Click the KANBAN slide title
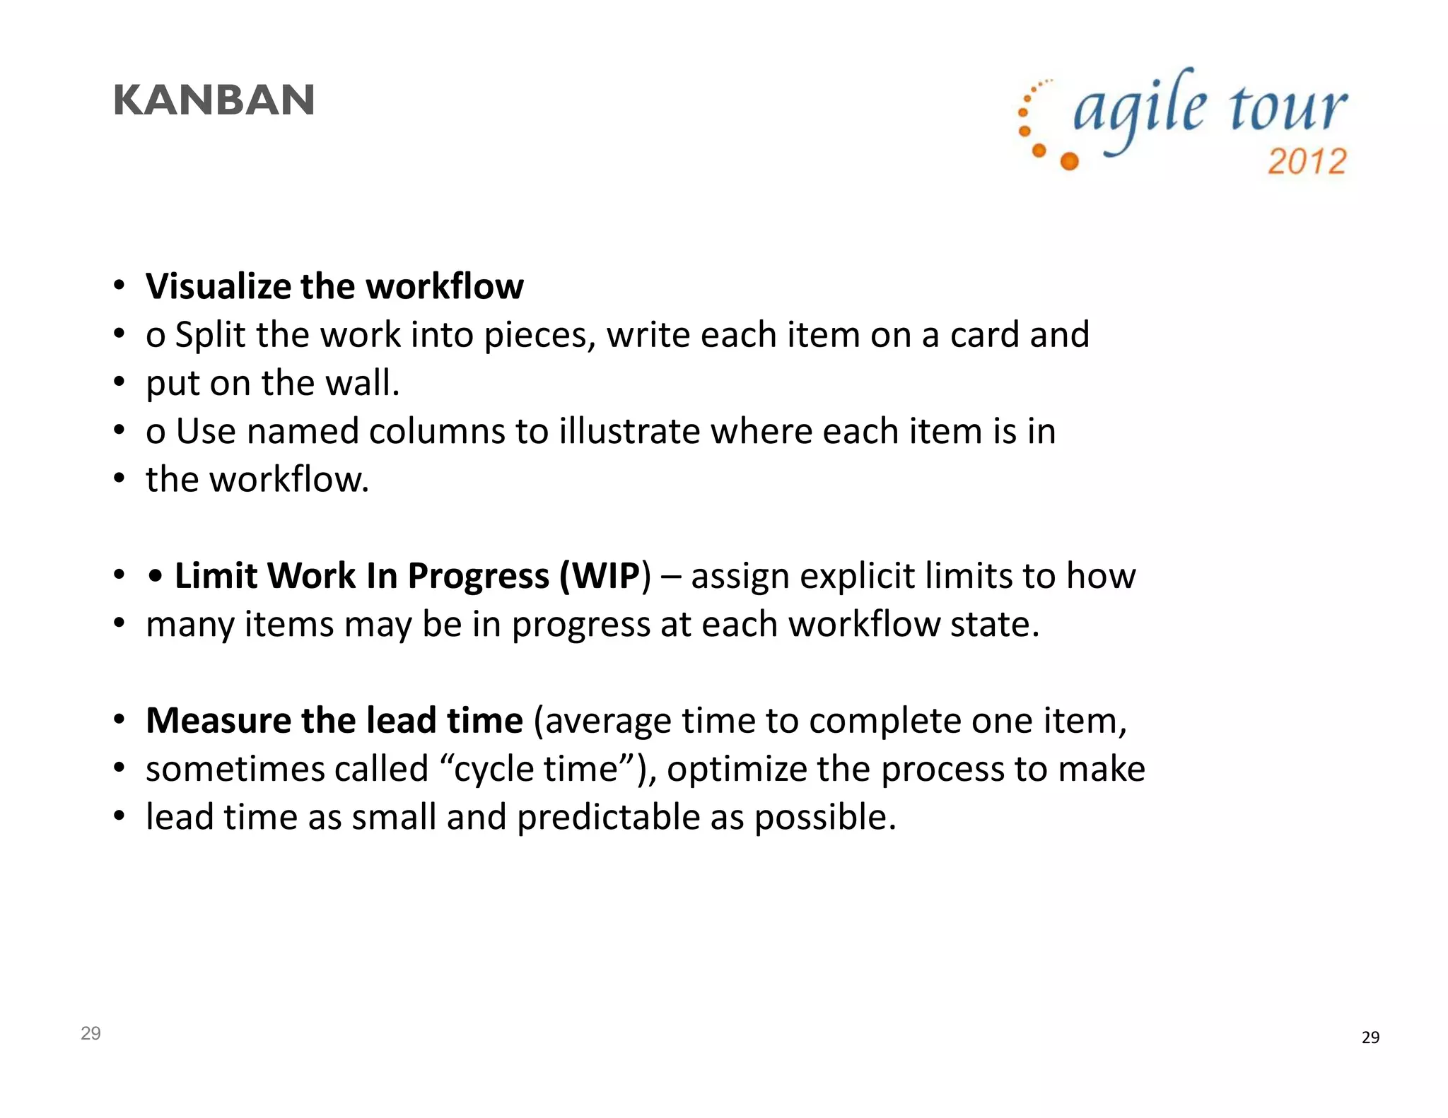[x=214, y=100]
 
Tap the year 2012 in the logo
[x=1307, y=161]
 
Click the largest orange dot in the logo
[x=1070, y=161]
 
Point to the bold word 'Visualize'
[x=218, y=286]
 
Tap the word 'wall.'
[x=362, y=383]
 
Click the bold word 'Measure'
[x=218, y=721]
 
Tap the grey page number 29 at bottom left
[x=90, y=1033]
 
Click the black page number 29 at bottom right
[x=1370, y=1037]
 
